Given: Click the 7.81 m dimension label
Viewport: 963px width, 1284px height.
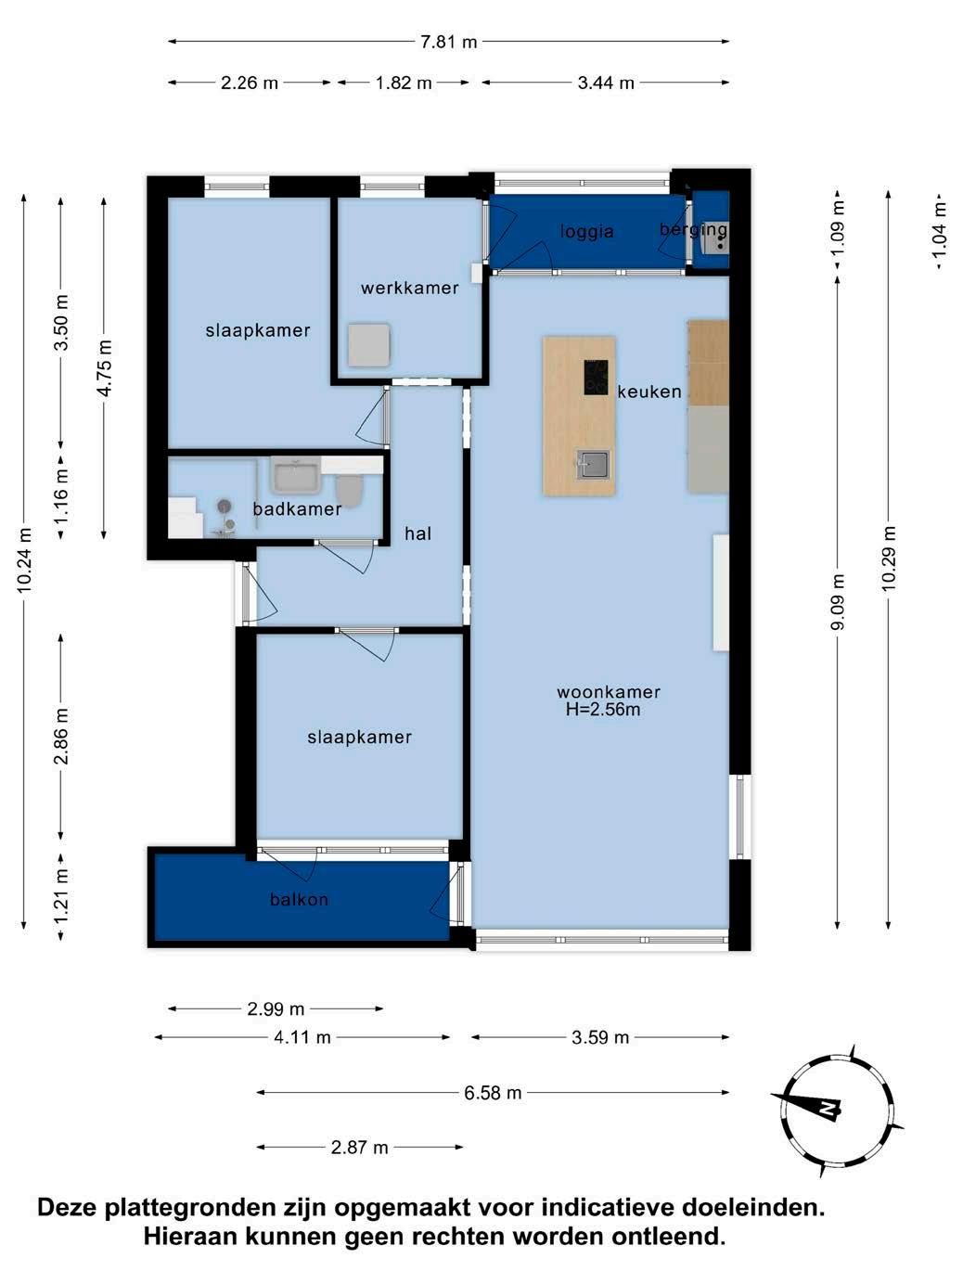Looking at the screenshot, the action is click(448, 42).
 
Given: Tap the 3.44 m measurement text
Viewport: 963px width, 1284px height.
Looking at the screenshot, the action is click(606, 83).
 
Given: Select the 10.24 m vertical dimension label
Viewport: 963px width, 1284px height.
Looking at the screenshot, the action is click(24, 559).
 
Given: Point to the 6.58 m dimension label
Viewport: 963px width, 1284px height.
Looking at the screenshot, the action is click(493, 1093).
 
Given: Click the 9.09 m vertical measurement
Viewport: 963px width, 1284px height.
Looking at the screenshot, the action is click(838, 602).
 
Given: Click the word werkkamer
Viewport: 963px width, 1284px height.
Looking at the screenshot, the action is click(409, 288).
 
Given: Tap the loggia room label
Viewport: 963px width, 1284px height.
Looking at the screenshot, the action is click(586, 232).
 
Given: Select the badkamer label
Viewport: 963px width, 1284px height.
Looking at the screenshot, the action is click(297, 509).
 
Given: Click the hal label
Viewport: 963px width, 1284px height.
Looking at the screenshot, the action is click(417, 533).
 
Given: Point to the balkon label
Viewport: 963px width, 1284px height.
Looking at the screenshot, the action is click(299, 899).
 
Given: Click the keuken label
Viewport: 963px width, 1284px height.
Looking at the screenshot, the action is click(649, 392).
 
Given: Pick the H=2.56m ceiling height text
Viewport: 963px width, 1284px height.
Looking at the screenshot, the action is click(603, 710).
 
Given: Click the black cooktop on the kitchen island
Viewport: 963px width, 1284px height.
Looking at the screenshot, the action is click(596, 377).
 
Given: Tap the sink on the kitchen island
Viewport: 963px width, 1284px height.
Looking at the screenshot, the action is click(593, 465).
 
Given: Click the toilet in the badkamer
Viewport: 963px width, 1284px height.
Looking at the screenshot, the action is click(350, 490).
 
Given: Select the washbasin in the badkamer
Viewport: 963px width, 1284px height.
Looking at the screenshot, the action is click(295, 475).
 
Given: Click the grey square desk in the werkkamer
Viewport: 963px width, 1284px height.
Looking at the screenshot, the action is click(368, 345).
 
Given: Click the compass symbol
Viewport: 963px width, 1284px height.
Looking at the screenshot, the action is click(836, 1111).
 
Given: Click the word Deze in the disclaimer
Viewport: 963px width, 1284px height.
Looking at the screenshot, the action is click(67, 1207).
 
